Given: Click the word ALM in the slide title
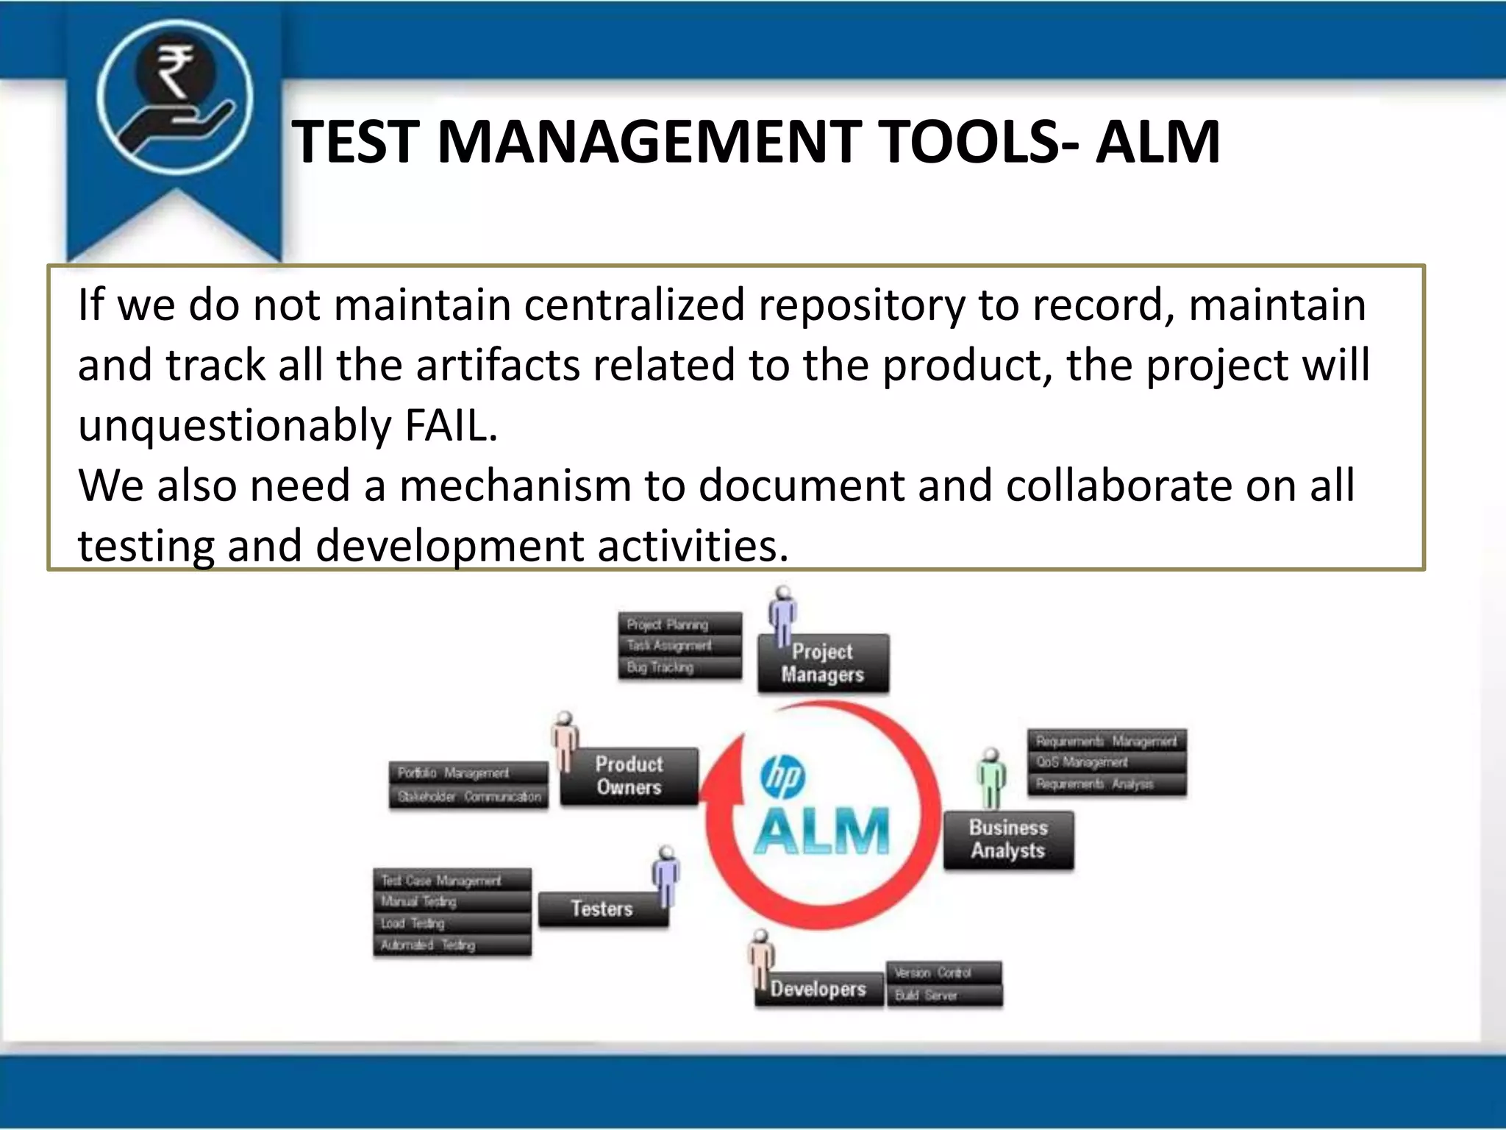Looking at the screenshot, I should point(1157,141).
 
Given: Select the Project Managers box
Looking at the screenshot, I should point(823,663).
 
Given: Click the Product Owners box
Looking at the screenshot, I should point(629,776).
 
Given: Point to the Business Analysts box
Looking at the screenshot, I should point(1007,839).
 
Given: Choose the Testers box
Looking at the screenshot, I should point(602,909).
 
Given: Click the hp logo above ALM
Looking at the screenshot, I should point(782,777).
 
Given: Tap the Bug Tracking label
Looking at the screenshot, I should point(660,668).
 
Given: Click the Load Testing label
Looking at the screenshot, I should point(413,923).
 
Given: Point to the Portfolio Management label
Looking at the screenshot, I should point(453,773).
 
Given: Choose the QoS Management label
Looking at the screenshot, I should point(1082,762).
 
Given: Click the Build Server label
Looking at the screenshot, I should point(926,995).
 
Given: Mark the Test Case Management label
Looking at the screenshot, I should point(440,881).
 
